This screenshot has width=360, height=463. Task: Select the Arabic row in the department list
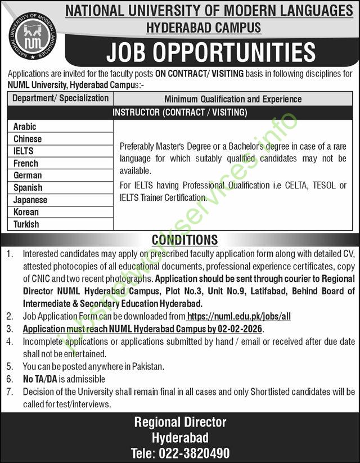click(25, 127)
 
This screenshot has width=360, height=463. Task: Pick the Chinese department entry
click(28, 139)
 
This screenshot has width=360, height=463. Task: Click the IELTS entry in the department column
click(24, 151)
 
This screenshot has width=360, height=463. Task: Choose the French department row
click(26, 164)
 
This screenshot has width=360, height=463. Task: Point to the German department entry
click(28, 176)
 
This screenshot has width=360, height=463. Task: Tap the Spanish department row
click(28, 188)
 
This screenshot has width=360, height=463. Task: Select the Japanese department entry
click(30, 200)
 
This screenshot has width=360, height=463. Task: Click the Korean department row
click(26, 212)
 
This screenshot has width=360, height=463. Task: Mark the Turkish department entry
click(26, 224)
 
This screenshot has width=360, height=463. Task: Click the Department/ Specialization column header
click(60, 98)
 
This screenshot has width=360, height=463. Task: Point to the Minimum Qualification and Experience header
click(233, 99)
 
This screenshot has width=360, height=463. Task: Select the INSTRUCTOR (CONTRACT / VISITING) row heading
click(179, 113)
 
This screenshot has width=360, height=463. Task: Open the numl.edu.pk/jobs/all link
click(238, 317)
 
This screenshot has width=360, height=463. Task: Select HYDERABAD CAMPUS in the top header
click(204, 27)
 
